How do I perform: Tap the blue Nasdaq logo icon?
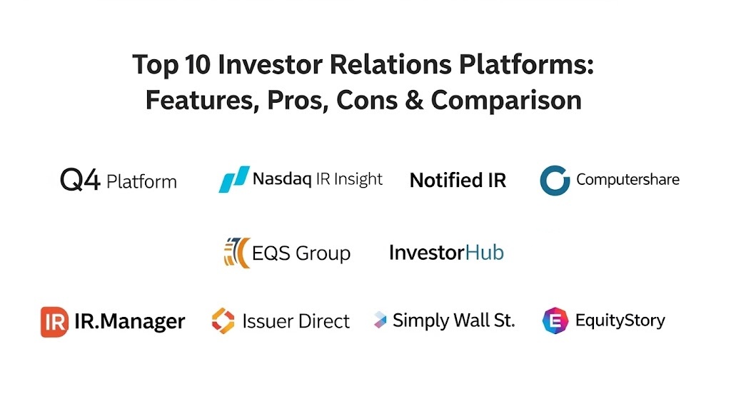(234, 179)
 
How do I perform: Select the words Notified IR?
(458, 181)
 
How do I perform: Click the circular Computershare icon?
(555, 181)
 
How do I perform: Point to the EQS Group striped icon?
(237, 253)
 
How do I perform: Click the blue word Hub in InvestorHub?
(485, 253)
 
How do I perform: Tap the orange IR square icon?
(54, 322)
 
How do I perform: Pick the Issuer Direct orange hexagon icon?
(223, 320)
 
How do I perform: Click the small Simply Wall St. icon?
(380, 320)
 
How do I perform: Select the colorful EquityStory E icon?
(555, 320)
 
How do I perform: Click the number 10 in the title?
(198, 64)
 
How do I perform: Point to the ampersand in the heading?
(413, 100)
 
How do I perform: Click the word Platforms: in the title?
(526, 64)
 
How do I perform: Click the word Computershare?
(627, 180)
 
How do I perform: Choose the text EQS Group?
(301, 253)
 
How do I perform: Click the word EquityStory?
(620, 320)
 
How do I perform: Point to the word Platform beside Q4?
(142, 182)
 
